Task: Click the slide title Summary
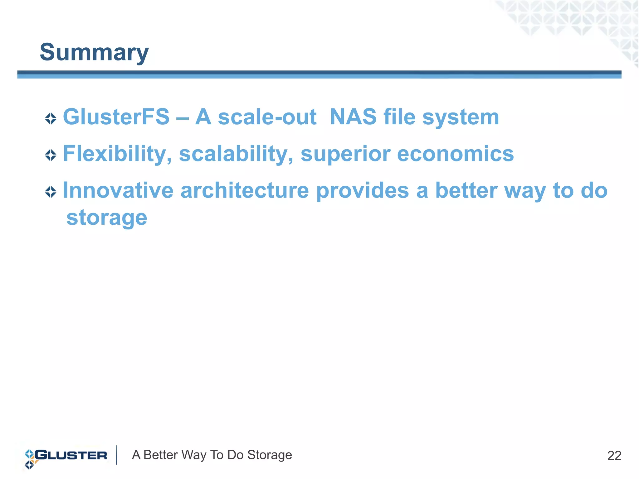coord(94,52)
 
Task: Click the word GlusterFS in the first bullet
coord(116,117)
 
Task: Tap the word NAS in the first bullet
coord(353,117)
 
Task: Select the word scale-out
coord(267,117)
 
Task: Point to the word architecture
coord(245,190)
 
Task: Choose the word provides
coord(362,190)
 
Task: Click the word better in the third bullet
coord(466,190)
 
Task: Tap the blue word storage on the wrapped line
coord(107,218)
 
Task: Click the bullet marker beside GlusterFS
coord(51,118)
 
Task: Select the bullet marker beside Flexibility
coord(51,155)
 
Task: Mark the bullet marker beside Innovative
coord(51,192)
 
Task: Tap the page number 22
coord(614,456)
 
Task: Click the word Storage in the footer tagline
coord(270,455)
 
